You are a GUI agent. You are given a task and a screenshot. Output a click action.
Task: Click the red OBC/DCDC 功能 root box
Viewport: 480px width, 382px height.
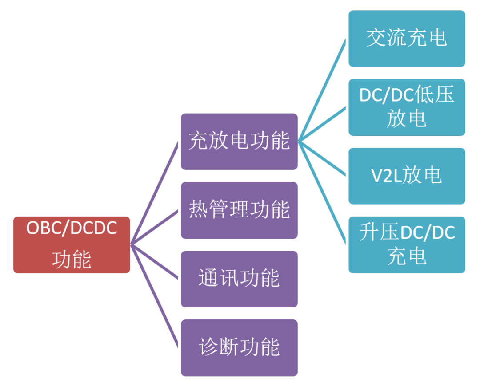[x=72, y=244]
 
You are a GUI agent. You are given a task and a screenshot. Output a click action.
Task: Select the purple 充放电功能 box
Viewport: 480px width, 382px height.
[x=239, y=141]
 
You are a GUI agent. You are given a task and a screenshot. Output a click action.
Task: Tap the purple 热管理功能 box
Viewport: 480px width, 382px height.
[x=239, y=210]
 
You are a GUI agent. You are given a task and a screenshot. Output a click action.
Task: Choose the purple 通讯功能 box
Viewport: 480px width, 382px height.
[x=239, y=279]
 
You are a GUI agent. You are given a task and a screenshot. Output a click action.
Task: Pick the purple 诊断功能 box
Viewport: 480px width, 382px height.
[x=239, y=347]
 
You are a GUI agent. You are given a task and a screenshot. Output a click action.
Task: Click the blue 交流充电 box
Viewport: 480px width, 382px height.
[x=407, y=39]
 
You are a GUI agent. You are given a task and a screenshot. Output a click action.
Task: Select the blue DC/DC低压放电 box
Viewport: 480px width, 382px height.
[x=407, y=107]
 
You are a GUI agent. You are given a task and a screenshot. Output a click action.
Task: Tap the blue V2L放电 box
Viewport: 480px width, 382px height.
[x=407, y=176]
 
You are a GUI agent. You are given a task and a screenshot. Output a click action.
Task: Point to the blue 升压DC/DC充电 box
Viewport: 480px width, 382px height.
[x=407, y=244]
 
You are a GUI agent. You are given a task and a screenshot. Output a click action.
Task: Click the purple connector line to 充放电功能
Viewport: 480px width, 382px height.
[x=154, y=193]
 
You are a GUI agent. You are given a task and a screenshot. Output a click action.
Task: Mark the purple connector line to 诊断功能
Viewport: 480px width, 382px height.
[x=154, y=295]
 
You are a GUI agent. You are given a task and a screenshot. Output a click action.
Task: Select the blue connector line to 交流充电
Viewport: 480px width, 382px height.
[x=322, y=91]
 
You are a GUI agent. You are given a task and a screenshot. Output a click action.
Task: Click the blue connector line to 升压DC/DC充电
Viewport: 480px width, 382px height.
[x=322, y=193]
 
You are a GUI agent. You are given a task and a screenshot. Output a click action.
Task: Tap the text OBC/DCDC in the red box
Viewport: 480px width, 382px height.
[x=72, y=228]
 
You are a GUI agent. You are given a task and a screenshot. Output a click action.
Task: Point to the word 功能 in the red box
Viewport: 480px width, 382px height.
[x=72, y=260]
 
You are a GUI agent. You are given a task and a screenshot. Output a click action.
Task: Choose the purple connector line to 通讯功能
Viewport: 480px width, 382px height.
[x=154, y=261]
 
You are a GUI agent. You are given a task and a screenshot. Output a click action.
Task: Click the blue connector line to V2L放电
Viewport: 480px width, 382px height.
[x=322, y=159]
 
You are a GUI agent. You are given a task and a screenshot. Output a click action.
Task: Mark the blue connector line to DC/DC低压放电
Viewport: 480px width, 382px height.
[x=322, y=125]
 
